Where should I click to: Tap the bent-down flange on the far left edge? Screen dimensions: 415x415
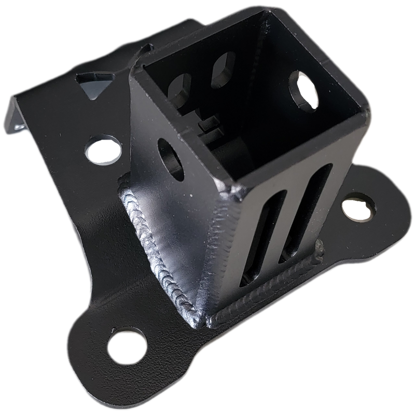[x=16, y=117]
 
